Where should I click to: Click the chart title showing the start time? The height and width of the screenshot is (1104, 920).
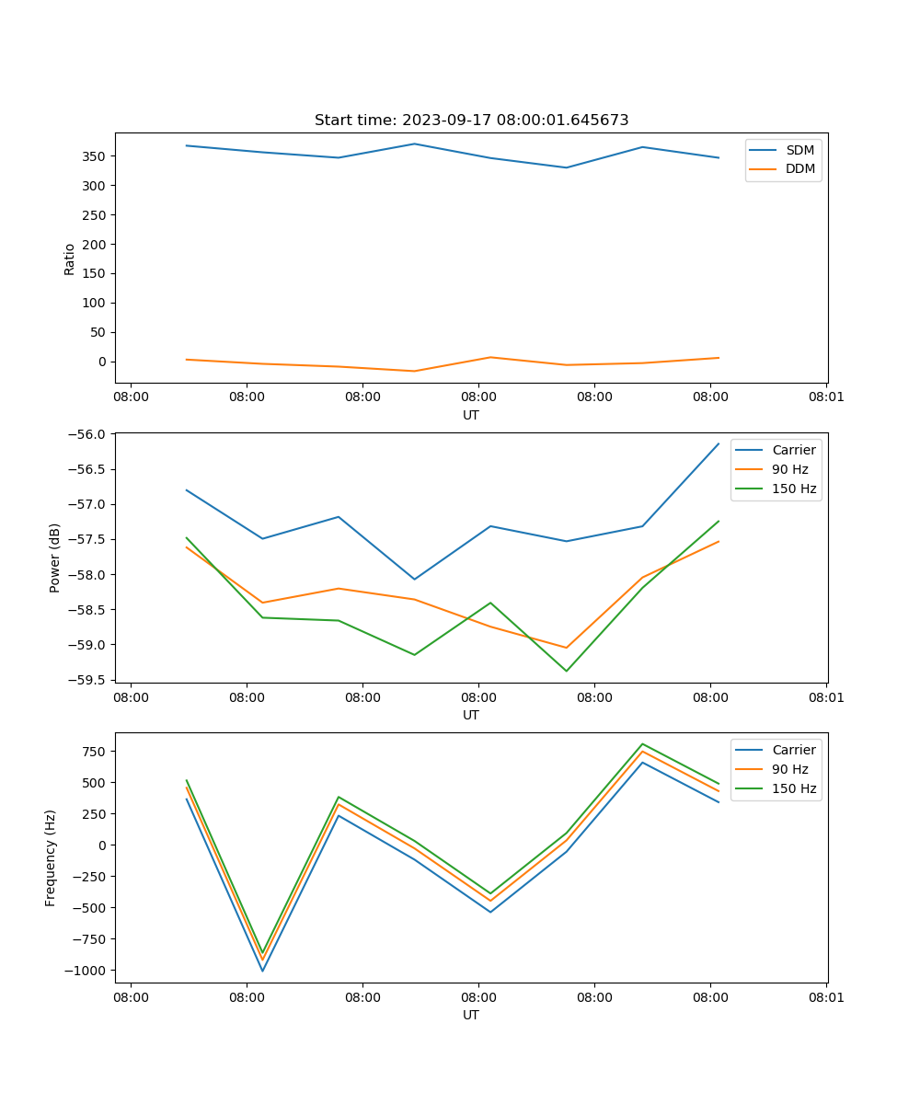pyautogui.click(x=471, y=121)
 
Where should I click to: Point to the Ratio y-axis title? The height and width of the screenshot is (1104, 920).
pyautogui.click(x=70, y=259)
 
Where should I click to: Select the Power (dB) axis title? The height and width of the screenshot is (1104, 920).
pyautogui.click(x=55, y=558)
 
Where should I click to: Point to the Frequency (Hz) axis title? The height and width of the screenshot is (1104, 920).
pyautogui.click(x=52, y=857)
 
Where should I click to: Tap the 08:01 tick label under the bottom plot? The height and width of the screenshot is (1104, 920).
pyautogui.click(x=825, y=997)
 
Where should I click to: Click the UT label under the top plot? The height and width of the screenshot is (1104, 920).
pyautogui.click(x=471, y=415)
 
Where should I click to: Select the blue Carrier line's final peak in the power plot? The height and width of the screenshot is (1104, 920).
pyautogui.click(x=719, y=443)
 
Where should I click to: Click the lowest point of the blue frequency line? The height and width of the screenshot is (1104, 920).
pyautogui.click(x=262, y=971)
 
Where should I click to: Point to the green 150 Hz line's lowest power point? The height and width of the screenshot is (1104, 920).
pyautogui.click(x=566, y=671)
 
